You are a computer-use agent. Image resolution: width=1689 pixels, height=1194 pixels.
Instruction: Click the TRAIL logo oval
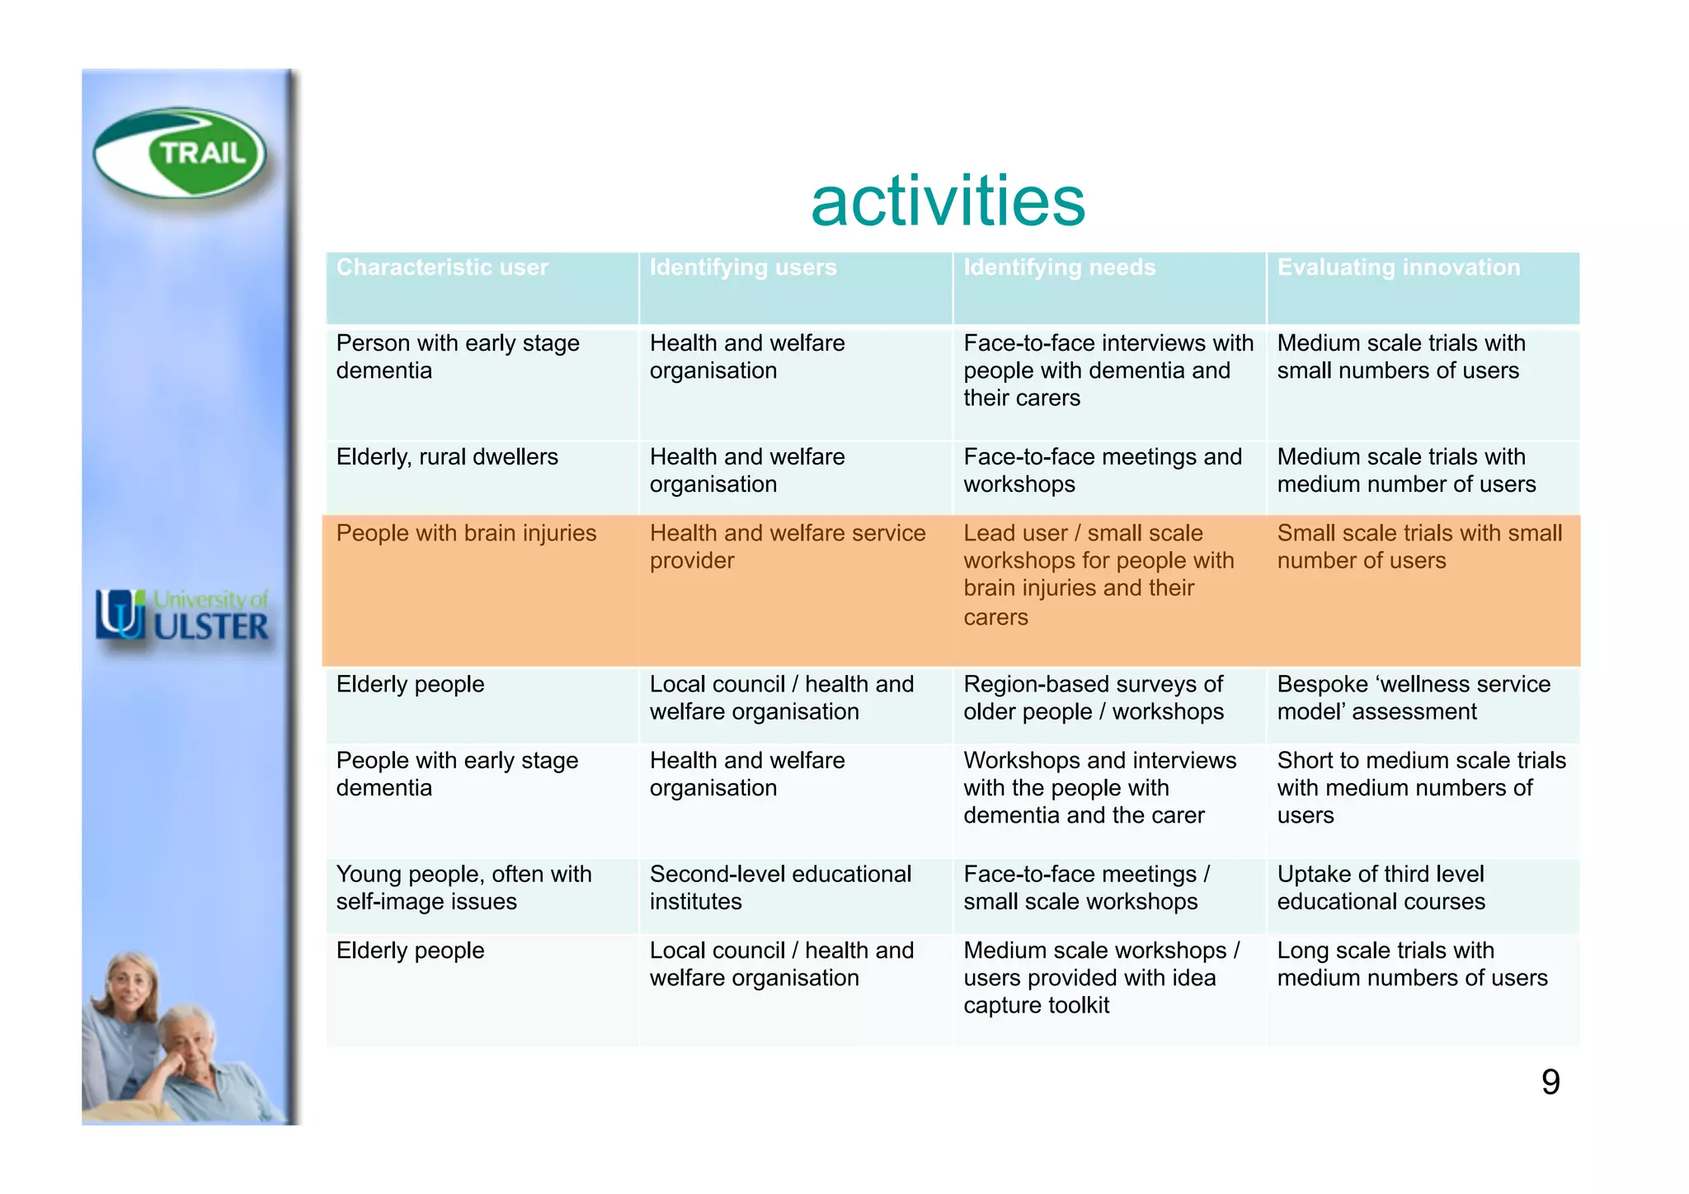tap(180, 153)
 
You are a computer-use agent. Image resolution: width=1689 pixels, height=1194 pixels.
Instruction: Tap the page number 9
tap(1550, 1082)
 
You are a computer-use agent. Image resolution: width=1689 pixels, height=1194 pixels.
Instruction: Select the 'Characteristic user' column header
tap(442, 268)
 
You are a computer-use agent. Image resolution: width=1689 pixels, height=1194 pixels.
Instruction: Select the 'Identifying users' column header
tap(742, 268)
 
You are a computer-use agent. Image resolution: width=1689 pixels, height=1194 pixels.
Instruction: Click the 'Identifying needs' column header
tap(1059, 268)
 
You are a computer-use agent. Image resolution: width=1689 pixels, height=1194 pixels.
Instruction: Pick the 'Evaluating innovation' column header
tap(1398, 268)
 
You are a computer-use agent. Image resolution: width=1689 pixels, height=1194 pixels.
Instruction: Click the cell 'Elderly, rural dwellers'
tap(447, 457)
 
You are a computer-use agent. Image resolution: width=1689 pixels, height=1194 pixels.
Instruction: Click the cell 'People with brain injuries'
tap(466, 534)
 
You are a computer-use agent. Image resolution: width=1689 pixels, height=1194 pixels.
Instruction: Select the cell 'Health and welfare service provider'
tap(787, 546)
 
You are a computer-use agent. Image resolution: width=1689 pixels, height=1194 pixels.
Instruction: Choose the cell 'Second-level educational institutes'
tap(779, 888)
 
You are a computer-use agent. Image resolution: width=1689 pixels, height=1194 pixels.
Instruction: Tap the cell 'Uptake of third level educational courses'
tap(1381, 888)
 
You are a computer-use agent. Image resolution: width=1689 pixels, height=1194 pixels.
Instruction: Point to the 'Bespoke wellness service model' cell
tap(1413, 698)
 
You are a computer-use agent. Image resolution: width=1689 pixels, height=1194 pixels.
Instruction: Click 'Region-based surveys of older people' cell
tap(1093, 698)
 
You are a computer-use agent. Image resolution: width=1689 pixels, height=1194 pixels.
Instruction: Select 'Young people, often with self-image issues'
tap(463, 888)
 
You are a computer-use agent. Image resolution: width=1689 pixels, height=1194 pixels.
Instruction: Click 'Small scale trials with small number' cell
tap(1418, 546)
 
